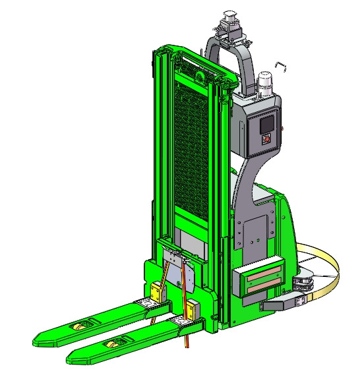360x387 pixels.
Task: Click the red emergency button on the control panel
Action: (x=266, y=139)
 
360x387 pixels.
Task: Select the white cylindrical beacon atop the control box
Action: (x=266, y=83)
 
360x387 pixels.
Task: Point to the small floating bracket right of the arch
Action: (x=281, y=65)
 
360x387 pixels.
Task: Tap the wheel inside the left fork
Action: (x=80, y=328)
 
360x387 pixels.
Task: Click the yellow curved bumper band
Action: (x=330, y=264)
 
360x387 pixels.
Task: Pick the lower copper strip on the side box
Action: (x=264, y=284)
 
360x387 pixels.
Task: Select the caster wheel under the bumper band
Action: (x=304, y=283)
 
